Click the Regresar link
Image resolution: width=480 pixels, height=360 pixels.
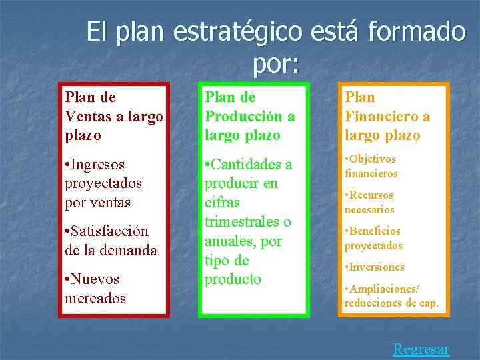pos(421,349)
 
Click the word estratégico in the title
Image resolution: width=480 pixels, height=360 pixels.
pos(236,32)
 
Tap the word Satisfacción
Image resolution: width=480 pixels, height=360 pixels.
pos(110,231)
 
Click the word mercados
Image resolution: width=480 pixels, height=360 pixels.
pos(95,298)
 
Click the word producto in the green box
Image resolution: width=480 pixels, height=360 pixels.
pos(233,279)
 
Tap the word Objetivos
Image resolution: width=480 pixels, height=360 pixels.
pos(373,159)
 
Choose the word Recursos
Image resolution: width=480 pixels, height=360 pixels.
pos(372,195)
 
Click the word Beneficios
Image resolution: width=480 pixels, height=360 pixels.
pos(375,231)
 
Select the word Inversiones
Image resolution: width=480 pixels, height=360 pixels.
pos(377,267)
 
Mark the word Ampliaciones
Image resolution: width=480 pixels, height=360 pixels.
pos(385,289)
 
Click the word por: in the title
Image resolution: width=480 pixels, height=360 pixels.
pos(276,64)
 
